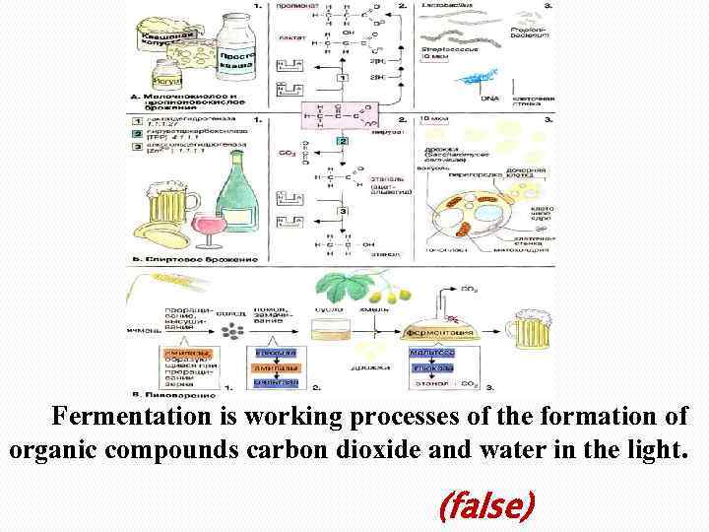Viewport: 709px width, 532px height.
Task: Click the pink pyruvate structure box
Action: (x=336, y=117)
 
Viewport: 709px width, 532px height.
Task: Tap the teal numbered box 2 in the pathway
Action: (x=343, y=143)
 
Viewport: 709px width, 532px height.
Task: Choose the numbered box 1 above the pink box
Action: (x=343, y=77)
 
